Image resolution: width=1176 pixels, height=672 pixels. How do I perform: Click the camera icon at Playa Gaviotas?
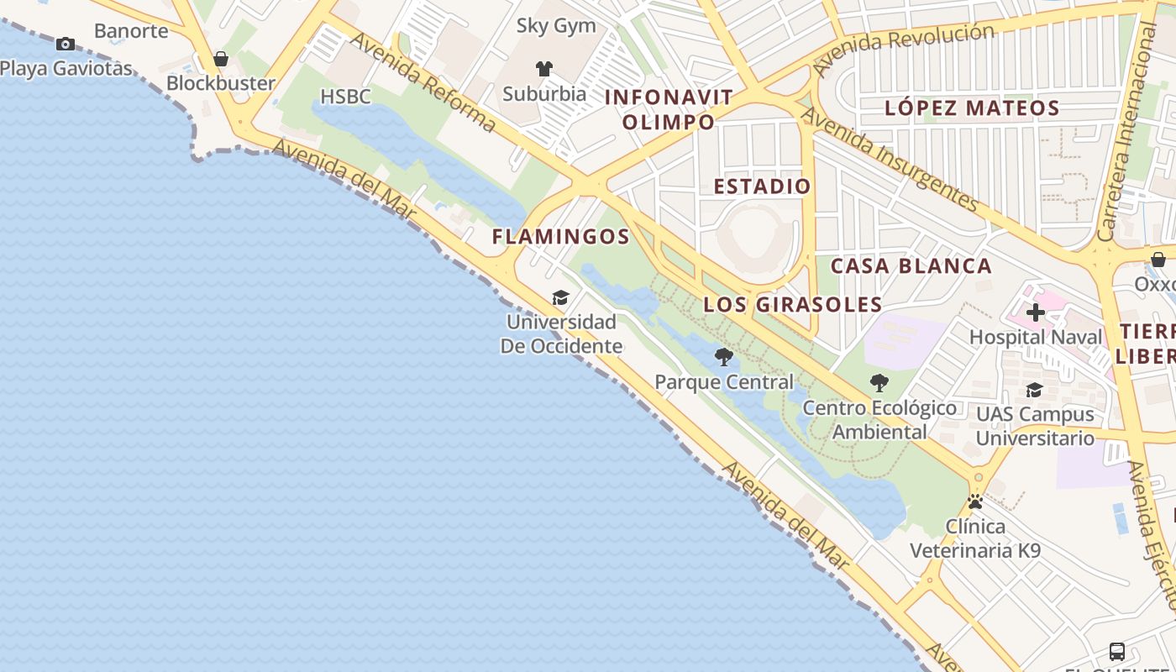click(x=66, y=44)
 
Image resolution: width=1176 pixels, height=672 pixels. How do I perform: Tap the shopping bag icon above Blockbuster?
click(x=221, y=59)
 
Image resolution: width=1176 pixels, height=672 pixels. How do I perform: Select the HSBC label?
click(x=345, y=97)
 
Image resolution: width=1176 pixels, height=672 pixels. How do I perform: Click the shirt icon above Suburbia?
click(x=544, y=69)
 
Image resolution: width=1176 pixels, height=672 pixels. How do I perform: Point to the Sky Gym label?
click(x=556, y=26)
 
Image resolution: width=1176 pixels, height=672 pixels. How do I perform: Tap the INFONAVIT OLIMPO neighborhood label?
click(x=669, y=109)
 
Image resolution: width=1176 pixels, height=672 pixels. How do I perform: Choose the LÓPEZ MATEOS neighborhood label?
click(x=972, y=108)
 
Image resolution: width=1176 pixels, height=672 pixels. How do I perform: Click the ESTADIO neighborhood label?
click(x=762, y=186)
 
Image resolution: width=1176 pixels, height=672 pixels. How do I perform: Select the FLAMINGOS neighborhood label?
click(x=561, y=237)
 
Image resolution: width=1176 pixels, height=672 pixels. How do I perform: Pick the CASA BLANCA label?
click(x=911, y=266)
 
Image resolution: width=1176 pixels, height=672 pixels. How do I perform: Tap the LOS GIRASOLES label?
click(x=793, y=304)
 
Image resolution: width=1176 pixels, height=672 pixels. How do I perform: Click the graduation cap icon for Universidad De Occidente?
click(x=560, y=298)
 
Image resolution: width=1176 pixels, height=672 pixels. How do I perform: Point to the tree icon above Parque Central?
click(x=723, y=357)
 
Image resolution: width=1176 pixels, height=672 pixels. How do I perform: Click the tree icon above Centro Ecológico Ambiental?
click(x=879, y=383)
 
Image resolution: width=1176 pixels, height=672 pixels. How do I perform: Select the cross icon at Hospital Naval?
click(x=1036, y=312)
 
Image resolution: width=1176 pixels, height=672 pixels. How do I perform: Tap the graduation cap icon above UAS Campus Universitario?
click(x=1035, y=390)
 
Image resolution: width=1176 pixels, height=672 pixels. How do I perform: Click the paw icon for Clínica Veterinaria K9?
click(x=975, y=502)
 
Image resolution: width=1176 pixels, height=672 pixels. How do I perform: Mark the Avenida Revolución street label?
click(x=904, y=47)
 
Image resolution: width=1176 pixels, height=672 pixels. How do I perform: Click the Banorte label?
click(x=131, y=31)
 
